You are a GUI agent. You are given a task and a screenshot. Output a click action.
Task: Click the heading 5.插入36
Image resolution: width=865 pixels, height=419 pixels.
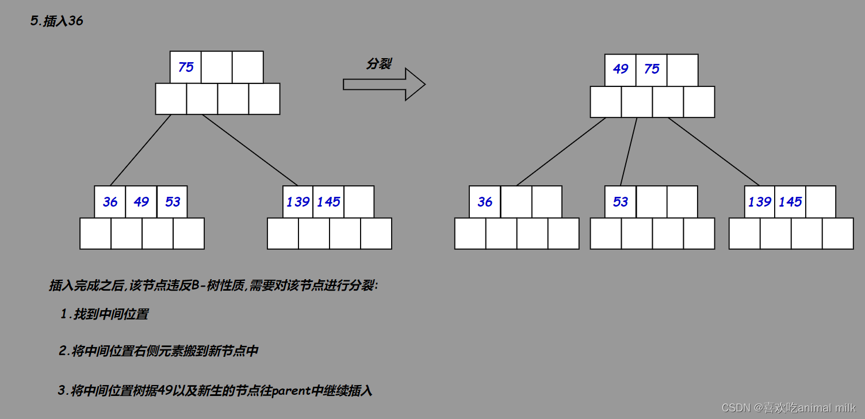point(56,22)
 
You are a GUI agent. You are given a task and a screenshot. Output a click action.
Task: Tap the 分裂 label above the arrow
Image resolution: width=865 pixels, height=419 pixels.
point(378,64)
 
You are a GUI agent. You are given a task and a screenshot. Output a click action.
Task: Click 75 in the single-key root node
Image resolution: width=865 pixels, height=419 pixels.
point(186,67)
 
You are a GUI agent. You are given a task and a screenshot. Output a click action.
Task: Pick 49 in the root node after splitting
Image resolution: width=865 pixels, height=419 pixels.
point(621,69)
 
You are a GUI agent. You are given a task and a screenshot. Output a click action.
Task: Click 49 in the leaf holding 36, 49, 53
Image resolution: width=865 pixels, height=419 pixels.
point(141,202)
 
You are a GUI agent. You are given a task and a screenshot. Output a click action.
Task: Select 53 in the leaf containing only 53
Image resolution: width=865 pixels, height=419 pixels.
point(621,202)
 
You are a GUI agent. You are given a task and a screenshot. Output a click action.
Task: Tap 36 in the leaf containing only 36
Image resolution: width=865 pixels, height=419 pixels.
point(485,202)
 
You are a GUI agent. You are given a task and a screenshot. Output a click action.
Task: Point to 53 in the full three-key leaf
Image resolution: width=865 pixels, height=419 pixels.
point(173,202)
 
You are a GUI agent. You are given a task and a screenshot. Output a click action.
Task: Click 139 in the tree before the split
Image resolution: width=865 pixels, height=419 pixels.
point(298,202)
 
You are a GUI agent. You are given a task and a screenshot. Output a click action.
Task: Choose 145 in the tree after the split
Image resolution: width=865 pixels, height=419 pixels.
point(790,202)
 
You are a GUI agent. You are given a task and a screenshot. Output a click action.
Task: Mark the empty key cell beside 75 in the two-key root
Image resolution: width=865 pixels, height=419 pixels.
point(683,70)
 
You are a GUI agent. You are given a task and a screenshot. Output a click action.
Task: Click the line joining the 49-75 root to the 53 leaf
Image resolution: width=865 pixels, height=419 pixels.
point(629,151)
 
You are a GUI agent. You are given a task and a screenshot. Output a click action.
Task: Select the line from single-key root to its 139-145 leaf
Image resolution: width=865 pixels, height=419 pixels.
point(250,150)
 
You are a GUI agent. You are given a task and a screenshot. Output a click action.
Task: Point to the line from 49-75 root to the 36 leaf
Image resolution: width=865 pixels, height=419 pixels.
point(561,151)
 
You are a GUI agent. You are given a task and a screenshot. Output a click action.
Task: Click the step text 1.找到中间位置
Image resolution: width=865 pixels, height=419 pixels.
point(104,314)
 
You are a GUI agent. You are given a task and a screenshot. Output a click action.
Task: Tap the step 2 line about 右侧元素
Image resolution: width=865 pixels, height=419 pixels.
point(158,351)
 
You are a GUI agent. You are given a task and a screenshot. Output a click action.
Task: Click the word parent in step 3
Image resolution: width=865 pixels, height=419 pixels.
point(290,391)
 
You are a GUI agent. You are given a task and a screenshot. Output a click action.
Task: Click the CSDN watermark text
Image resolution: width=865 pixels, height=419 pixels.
point(788,407)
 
